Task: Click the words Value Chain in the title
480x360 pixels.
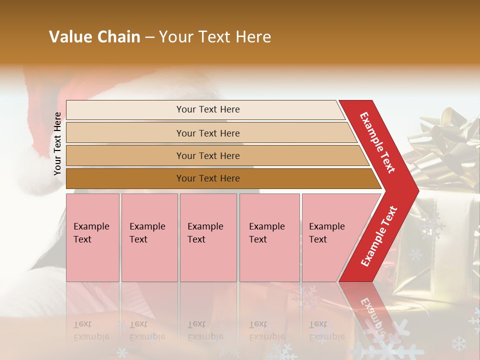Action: point(94,37)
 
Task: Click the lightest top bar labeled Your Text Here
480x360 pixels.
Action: point(207,109)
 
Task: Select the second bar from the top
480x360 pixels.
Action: point(207,133)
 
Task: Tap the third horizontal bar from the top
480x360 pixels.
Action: point(207,155)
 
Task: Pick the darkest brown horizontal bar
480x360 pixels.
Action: point(207,178)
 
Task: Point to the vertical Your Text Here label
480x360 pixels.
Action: point(57,144)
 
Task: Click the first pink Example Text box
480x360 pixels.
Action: point(92,237)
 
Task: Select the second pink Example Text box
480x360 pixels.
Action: point(149,237)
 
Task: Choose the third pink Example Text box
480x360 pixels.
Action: point(208,237)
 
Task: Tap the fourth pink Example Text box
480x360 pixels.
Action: point(269,237)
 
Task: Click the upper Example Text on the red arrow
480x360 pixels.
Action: point(377,142)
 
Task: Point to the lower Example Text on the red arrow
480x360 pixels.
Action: point(379,236)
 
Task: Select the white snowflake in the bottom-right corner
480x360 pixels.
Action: point(458,343)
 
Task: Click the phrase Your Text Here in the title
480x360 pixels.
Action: point(215,37)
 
